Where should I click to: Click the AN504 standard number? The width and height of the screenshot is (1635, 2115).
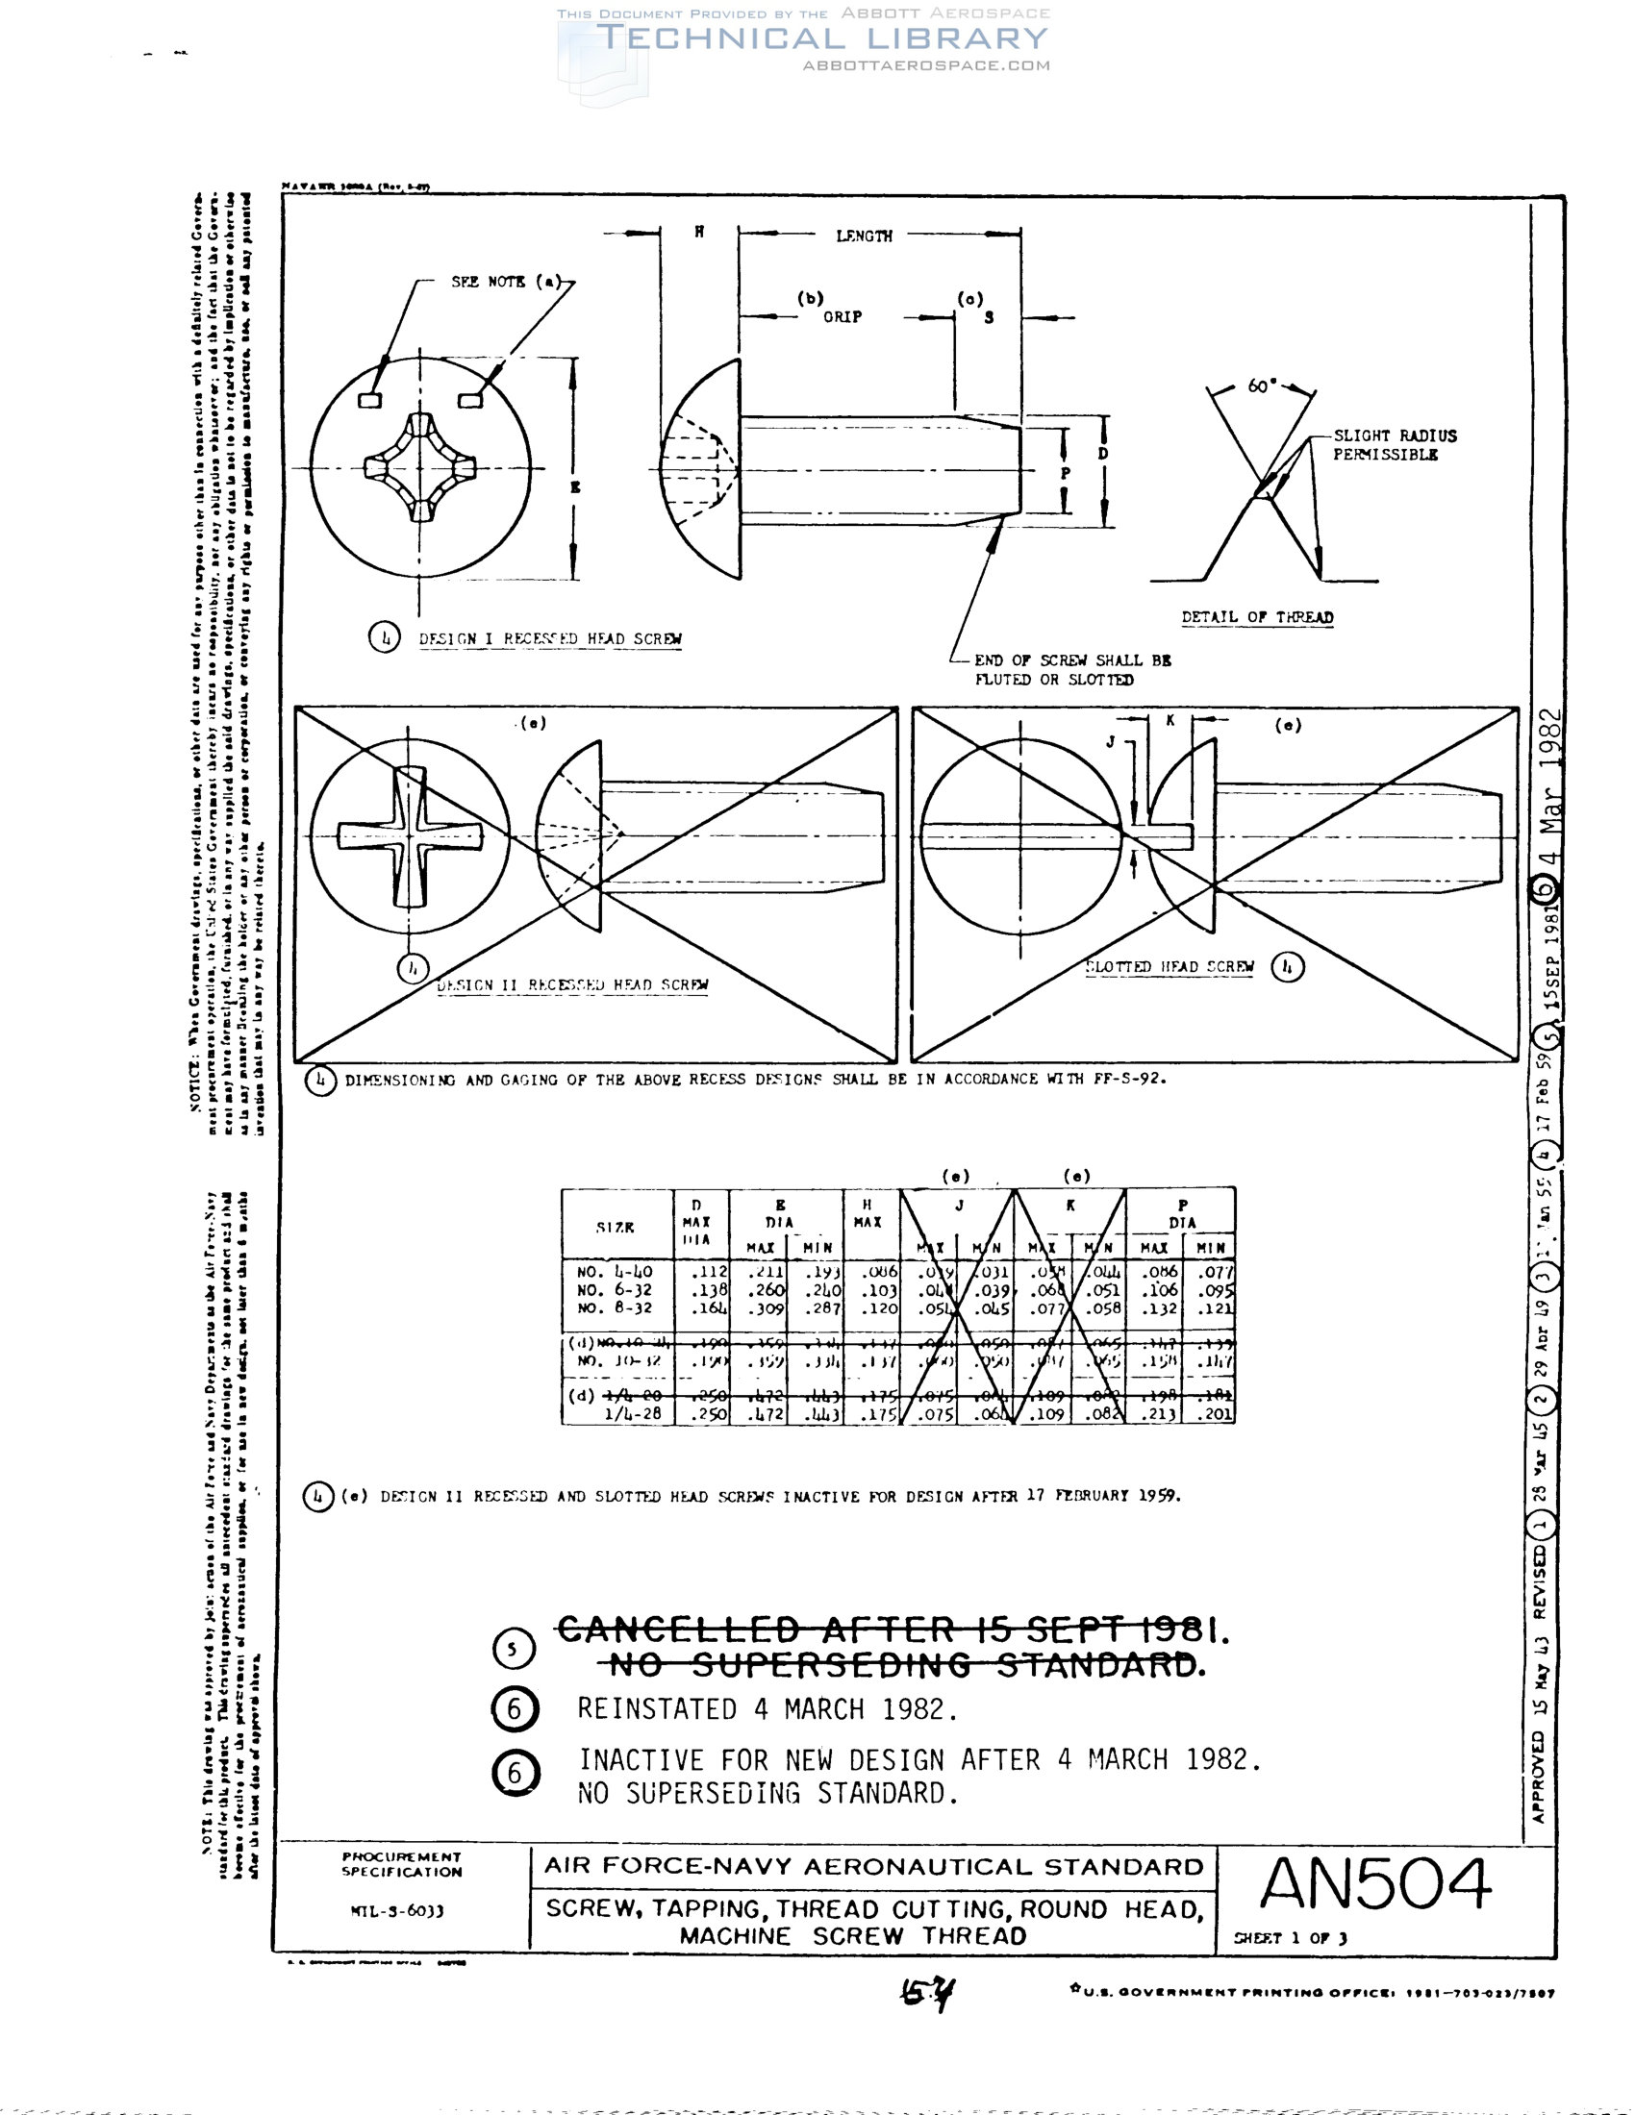pyautogui.click(x=1374, y=1883)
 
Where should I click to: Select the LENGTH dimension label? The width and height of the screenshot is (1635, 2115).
pyautogui.click(x=864, y=236)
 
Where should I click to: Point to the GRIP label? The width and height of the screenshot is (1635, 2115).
pyautogui.click(x=842, y=316)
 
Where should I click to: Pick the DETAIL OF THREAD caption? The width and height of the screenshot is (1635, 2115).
pyautogui.click(x=1256, y=617)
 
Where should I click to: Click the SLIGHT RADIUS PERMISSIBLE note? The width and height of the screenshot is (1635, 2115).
pyautogui.click(x=1394, y=445)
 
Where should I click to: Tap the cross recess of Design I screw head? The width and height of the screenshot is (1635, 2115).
pyautogui.click(x=420, y=468)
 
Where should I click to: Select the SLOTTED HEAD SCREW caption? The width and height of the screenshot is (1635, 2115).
pyautogui.click(x=1170, y=966)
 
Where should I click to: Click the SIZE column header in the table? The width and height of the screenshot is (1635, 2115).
pyautogui.click(x=616, y=1227)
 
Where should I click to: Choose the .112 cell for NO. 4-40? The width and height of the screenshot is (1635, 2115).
pyautogui.click(x=709, y=1272)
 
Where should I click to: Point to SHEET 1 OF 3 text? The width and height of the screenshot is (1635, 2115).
pyautogui.click(x=1289, y=1938)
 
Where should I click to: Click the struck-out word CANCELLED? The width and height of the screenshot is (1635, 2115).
pyautogui.click(x=678, y=1630)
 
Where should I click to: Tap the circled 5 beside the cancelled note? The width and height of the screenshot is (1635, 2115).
pyautogui.click(x=514, y=1649)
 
